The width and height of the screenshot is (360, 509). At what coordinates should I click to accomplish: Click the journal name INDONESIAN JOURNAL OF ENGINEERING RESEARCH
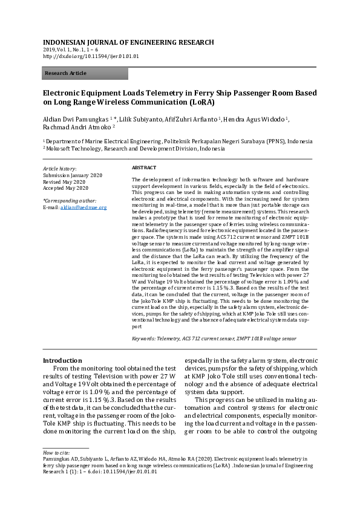tap(128, 42)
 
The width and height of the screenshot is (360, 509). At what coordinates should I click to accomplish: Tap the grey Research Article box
tap(85, 74)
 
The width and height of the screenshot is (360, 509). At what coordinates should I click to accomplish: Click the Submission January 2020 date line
tap(73, 175)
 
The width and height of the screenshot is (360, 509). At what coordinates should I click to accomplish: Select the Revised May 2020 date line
tap(64, 181)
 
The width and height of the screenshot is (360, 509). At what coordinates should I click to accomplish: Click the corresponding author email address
tap(83, 207)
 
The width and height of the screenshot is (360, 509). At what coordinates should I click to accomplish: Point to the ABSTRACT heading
tap(144, 167)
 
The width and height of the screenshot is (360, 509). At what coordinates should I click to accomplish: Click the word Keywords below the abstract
tap(143, 339)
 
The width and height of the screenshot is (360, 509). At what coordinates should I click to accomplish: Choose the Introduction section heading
tap(62, 360)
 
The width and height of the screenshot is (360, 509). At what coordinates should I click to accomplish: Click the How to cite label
tap(56, 452)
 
